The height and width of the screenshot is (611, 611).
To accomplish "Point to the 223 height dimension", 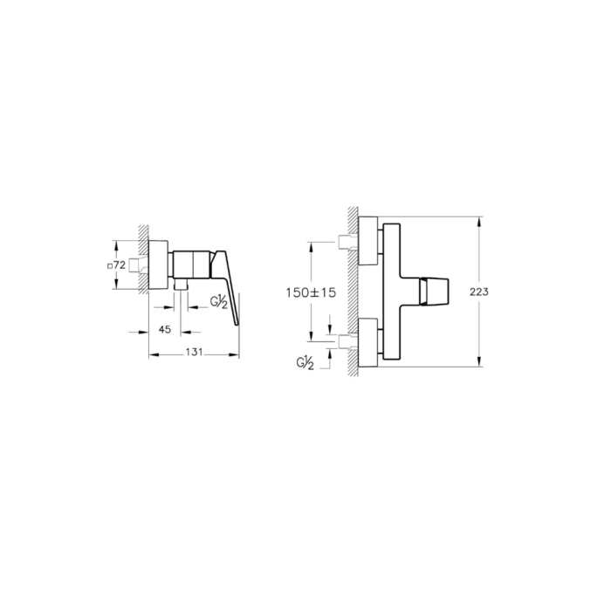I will pyautogui.click(x=500, y=292).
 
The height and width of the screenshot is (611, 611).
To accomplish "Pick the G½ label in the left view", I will pyautogui.click(x=219, y=302).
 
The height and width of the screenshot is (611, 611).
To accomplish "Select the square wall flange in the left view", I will pyautogui.click(x=159, y=264).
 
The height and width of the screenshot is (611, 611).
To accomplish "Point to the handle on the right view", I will pyautogui.click(x=435, y=291).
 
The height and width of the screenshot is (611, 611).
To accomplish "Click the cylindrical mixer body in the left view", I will pyautogui.click(x=190, y=263).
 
